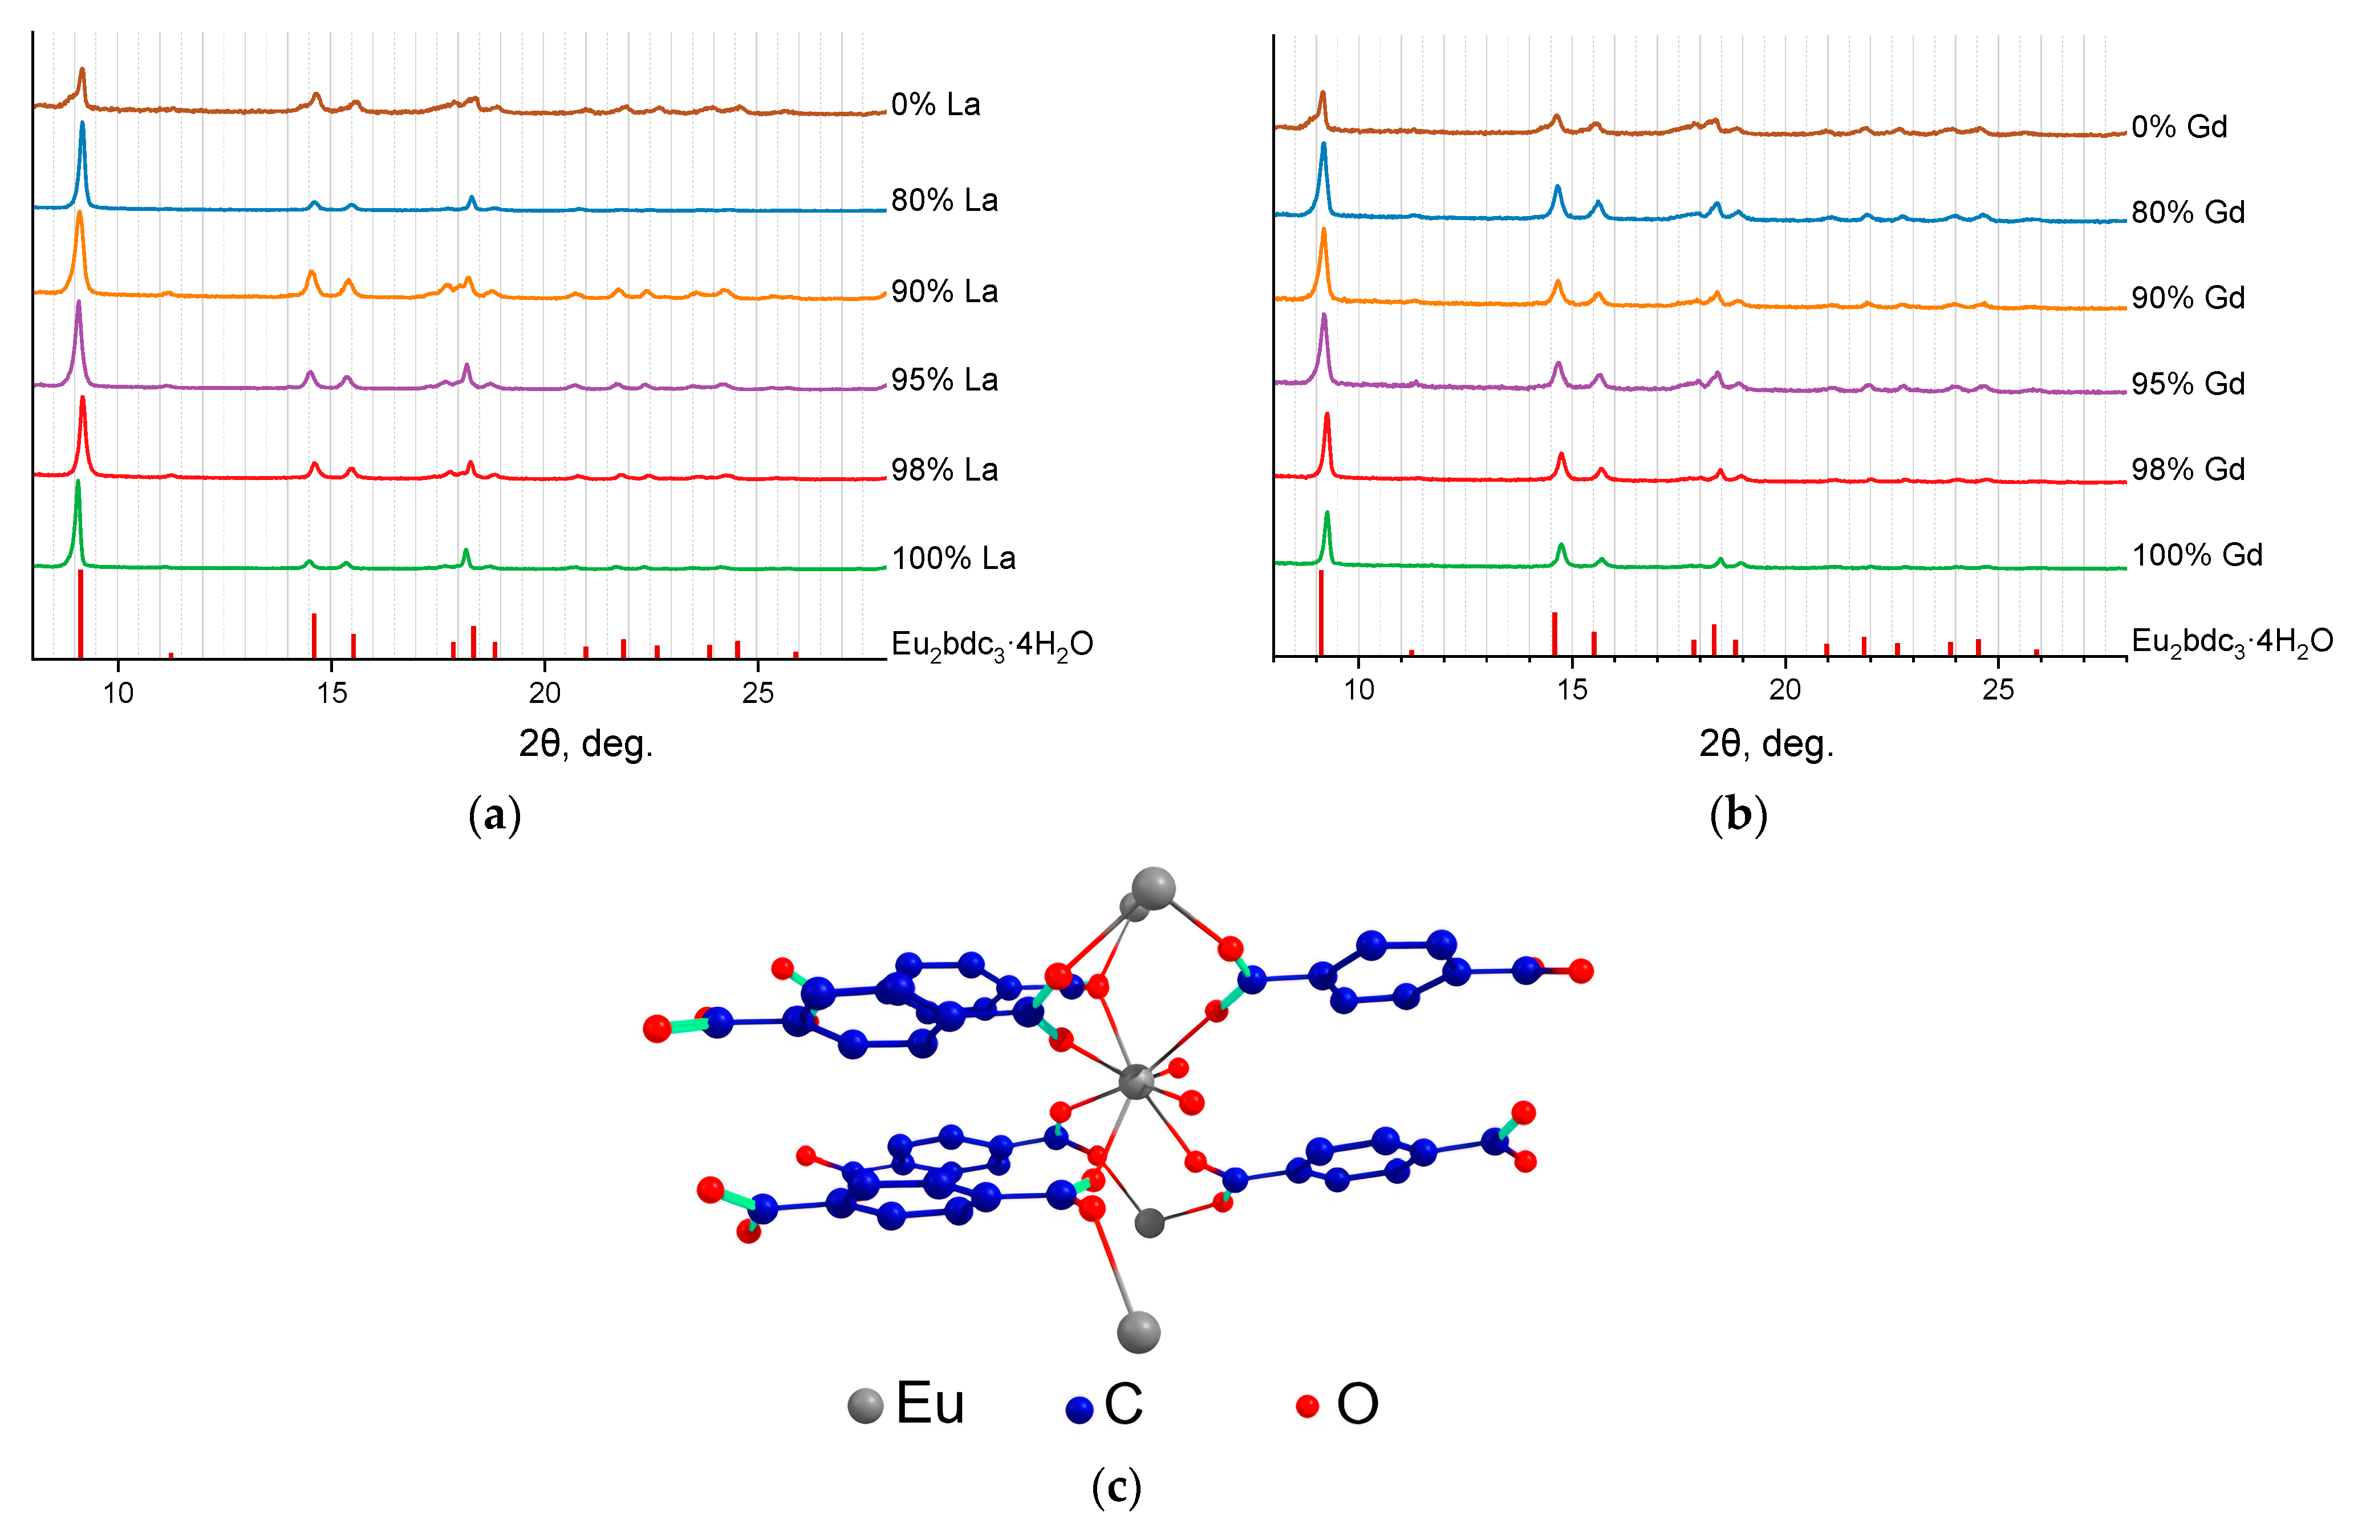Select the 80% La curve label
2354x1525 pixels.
pos(944,201)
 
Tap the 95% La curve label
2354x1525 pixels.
pos(944,380)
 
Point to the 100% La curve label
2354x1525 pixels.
pos(953,559)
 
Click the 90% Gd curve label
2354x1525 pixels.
pos(2188,298)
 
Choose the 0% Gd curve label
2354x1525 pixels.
pos(2179,128)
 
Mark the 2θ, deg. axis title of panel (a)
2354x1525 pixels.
pos(586,744)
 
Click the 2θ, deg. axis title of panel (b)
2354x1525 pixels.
pos(1767,744)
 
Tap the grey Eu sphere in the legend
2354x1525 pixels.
pos(866,1405)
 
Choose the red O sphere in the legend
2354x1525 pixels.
pos(1308,1405)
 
